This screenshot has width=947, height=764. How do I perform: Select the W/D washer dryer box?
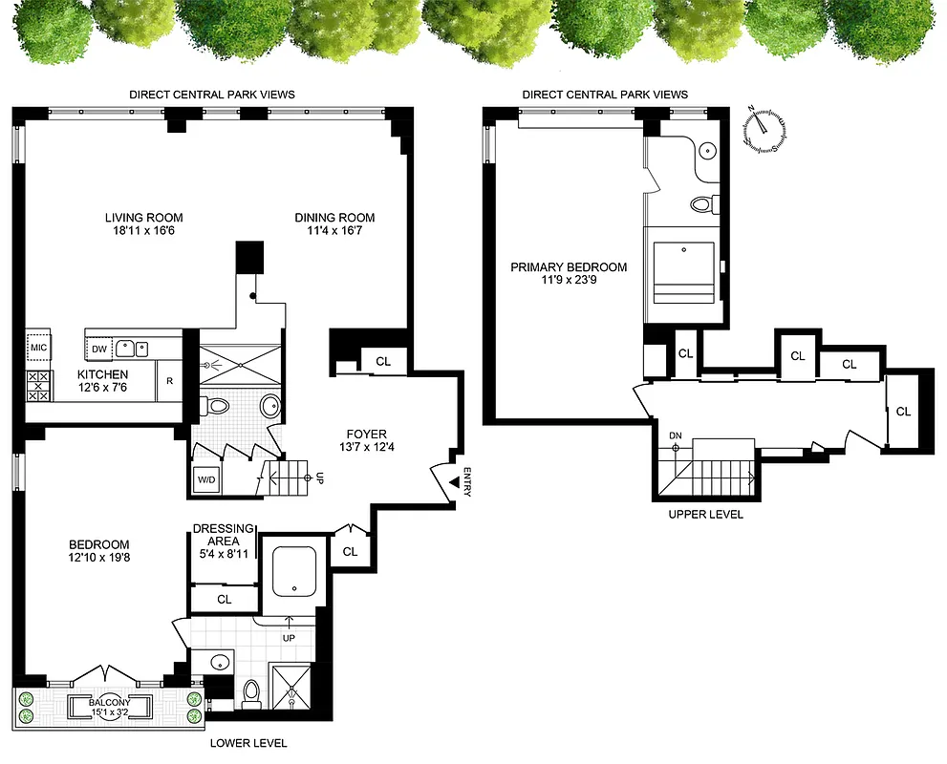[x=205, y=479]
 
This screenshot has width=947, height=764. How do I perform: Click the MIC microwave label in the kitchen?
[x=37, y=348]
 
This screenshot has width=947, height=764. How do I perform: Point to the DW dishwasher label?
[x=99, y=349]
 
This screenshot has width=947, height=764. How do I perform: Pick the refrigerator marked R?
[x=169, y=381]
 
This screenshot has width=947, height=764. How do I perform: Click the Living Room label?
[x=143, y=217]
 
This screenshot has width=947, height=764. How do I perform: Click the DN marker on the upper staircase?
[x=676, y=436]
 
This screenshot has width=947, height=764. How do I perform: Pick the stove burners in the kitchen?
[x=38, y=386]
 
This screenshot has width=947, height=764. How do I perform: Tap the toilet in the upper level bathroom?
[x=702, y=203]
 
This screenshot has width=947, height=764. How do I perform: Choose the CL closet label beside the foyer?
[x=383, y=362]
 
